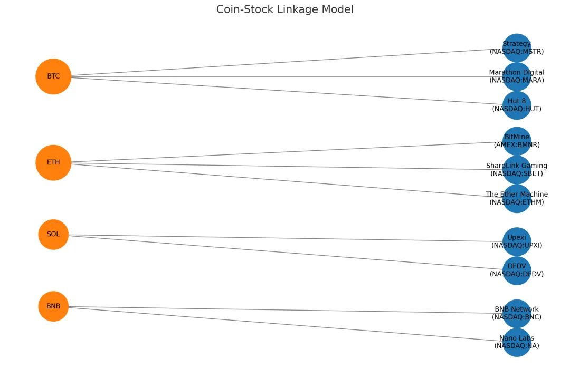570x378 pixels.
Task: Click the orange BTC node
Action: pos(53,76)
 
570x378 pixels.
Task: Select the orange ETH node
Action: pos(53,162)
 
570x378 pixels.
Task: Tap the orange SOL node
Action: pos(53,234)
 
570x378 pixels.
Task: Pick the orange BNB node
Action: pos(53,306)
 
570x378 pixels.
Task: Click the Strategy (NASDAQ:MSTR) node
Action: pos(517,47)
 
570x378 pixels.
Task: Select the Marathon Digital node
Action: pos(517,76)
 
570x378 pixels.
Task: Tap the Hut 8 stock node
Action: pos(517,105)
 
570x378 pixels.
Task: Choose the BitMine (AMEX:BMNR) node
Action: pos(517,141)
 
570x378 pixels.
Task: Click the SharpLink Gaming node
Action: pos(517,169)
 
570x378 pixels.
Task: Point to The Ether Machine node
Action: pos(517,198)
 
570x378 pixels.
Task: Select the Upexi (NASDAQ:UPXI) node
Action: pos(517,241)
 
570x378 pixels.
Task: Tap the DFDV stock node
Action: pos(517,270)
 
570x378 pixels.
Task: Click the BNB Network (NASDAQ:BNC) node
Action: pos(517,313)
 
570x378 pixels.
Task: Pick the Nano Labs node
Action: pos(517,342)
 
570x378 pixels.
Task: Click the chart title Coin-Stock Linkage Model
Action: pos(285,9)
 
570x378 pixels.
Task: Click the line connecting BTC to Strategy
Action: pos(285,62)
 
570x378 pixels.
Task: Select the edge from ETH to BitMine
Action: pos(285,152)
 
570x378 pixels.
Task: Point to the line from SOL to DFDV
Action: pos(285,252)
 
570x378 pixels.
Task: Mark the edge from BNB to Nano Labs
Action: pos(285,324)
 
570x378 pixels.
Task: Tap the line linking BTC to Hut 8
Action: pos(285,91)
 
